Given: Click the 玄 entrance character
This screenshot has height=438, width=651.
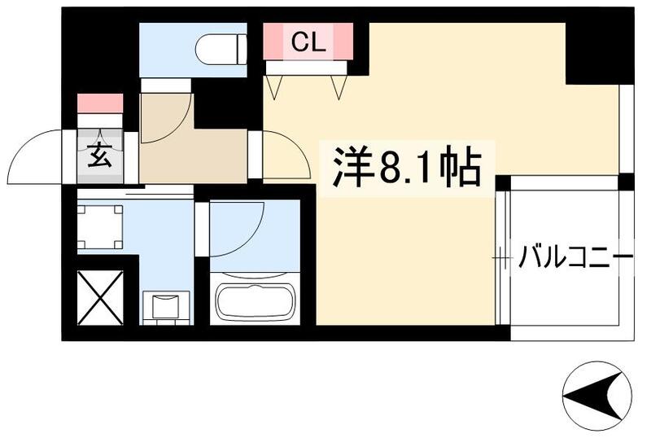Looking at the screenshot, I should [99, 155].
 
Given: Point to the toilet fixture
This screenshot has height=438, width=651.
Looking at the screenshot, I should [221, 46].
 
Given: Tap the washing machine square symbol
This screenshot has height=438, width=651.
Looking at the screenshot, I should [100, 225].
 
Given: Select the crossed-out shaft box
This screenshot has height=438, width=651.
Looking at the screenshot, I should [100, 297].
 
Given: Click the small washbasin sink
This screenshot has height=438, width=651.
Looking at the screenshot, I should [166, 306].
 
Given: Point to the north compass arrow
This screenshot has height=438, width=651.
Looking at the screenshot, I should [598, 397].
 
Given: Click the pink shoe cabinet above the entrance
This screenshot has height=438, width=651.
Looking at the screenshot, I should [100, 103].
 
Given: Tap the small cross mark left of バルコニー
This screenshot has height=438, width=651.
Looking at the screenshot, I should [499, 260].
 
